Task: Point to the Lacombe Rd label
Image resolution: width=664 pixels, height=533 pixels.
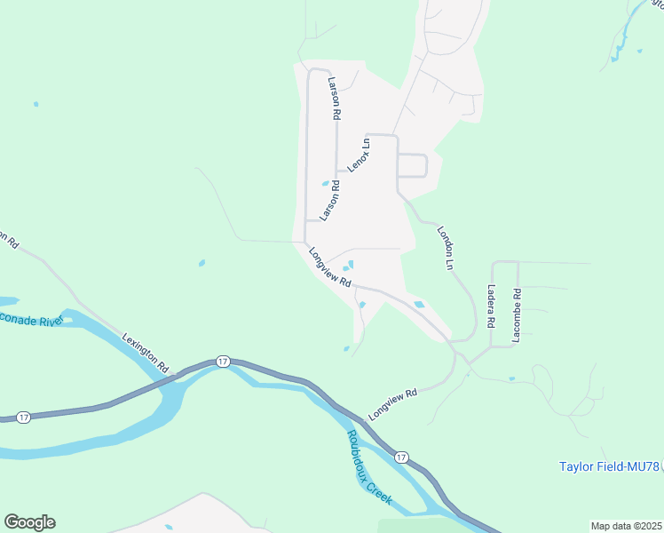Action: tap(517, 315)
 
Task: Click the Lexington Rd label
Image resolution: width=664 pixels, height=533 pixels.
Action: tap(146, 352)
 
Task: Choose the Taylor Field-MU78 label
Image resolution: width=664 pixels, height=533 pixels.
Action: tap(610, 465)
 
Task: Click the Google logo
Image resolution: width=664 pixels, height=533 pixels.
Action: tap(29, 522)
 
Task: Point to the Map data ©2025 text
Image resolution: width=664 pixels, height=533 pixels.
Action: tap(627, 526)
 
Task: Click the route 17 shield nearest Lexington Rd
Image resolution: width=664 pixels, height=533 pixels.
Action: tap(222, 362)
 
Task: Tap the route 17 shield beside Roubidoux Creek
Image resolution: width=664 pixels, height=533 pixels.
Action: tap(402, 457)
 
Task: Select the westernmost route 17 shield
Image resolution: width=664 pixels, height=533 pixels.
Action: tap(24, 417)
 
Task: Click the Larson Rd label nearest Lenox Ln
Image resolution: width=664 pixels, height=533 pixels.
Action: tap(329, 199)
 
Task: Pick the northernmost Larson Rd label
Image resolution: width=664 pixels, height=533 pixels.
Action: tap(335, 98)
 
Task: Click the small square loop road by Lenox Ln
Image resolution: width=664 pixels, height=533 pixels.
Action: tap(413, 166)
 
